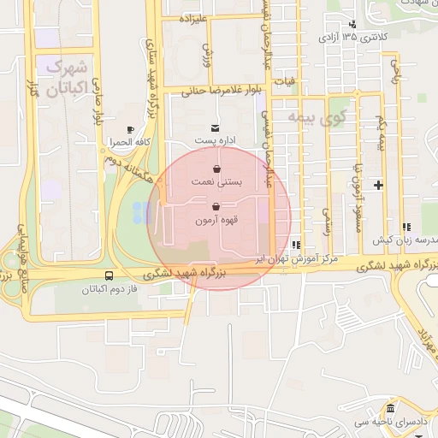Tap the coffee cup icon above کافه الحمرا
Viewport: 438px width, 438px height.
(130, 130)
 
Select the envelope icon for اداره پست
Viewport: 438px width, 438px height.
(203, 128)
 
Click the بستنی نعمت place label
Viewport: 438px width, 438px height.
(216, 182)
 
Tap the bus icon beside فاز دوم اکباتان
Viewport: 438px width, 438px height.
(109, 276)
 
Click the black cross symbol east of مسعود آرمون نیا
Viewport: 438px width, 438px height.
(377, 185)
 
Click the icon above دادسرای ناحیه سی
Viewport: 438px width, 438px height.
(391, 409)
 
